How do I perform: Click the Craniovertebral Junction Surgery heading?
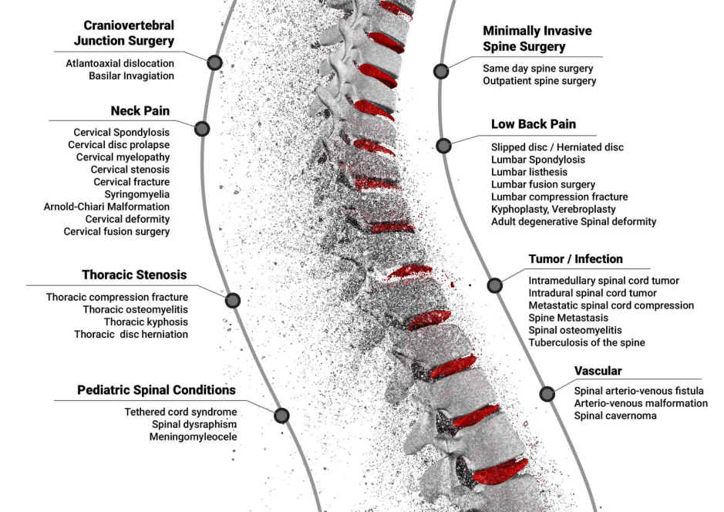click(x=124, y=33)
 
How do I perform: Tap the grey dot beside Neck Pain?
click(x=202, y=129)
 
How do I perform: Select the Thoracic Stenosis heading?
click(x=134, y=275)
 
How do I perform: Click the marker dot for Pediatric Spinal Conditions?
click(x=281, y=416)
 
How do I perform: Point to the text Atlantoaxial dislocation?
click(x=120, y=63)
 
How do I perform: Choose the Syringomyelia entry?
click(x=136, y=194)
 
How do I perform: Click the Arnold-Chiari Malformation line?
click(x=106, y=207)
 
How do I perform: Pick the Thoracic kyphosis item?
click(x=146, y=322)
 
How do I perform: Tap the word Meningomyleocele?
click(x=193, y=436)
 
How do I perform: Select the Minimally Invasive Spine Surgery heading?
click(x=537, y=39)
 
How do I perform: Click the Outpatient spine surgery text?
click(x=540, y=81)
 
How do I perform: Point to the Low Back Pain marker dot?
click(x=443, y=146)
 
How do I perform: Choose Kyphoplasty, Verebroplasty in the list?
click(x=553, y=209)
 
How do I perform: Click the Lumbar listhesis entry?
click(x=529, y=172)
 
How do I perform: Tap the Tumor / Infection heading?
click(x=576, y=259)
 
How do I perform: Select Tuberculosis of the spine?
click(x=587, y=342)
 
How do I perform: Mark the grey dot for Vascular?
click(x=547, y=394)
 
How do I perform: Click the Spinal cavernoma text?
click(x=615, y=416)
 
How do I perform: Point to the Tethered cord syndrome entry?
click(x=181, y=412)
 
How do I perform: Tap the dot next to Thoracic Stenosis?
click(x=233, y=301)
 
